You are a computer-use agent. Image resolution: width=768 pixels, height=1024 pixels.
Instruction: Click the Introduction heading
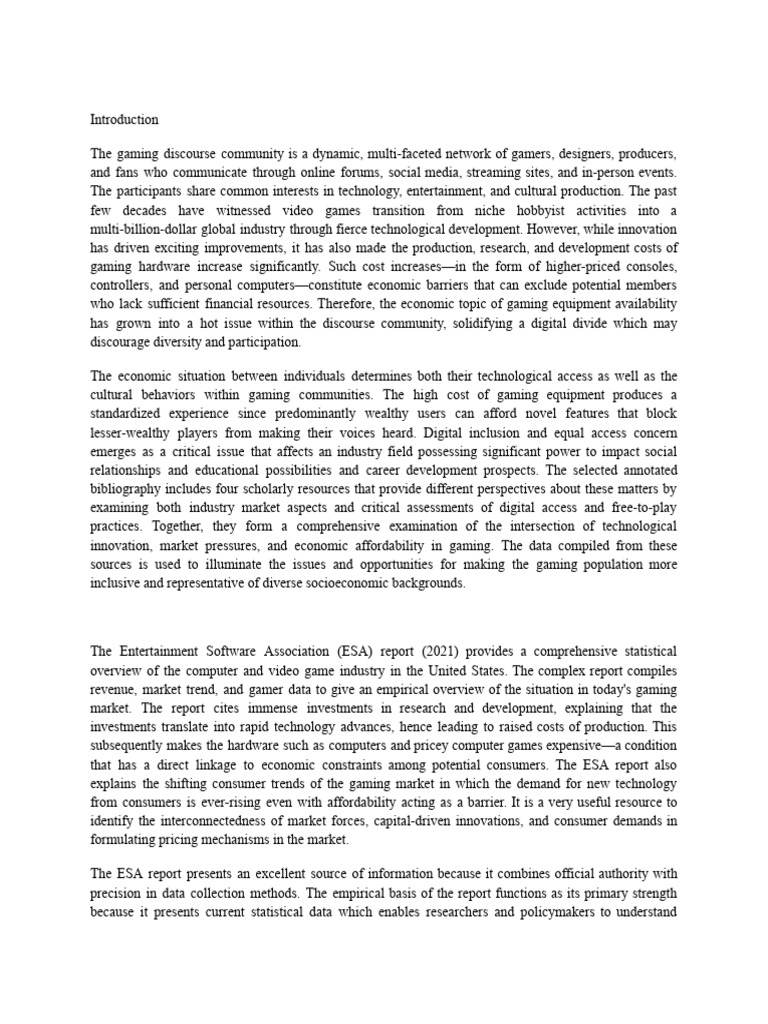(x=124, y=119)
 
